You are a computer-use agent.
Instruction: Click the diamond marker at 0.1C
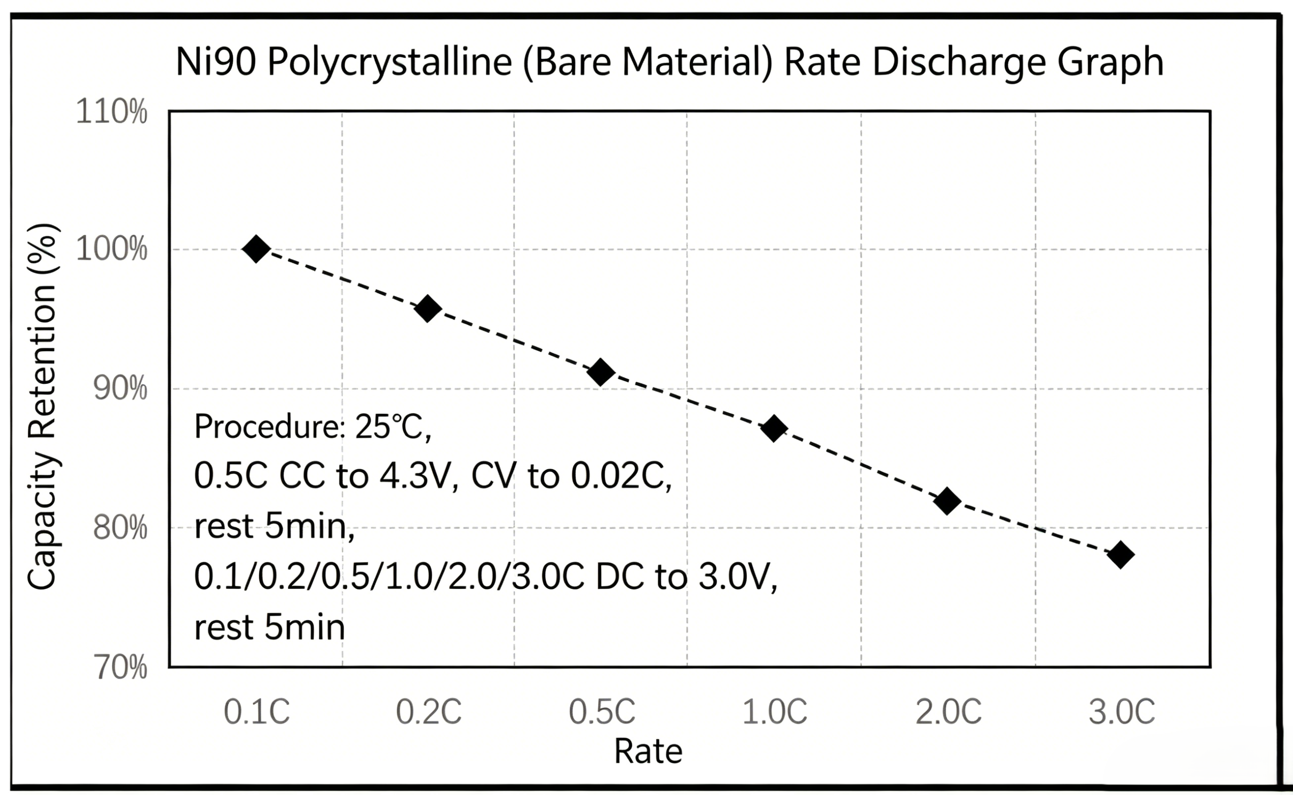coord(256,249)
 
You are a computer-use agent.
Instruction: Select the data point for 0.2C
coord(428,309)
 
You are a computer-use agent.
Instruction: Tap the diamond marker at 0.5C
coord(601,372)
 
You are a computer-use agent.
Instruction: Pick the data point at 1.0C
coord(774,428)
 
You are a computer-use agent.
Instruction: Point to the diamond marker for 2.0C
coord(947,501)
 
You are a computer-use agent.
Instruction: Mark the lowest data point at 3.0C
coord(1120,555)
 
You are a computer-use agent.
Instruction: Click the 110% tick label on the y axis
coord(111,112)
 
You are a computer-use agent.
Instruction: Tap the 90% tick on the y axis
coord(120,389)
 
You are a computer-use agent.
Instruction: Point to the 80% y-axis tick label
coord(120,528)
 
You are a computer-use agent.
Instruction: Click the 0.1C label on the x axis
coord(257,712)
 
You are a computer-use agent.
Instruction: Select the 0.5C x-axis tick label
coord(602,712)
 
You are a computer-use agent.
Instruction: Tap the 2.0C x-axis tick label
coord(948,712)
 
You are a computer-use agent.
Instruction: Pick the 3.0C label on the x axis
coord(1122,712)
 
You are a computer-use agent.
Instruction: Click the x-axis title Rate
coord(648,751)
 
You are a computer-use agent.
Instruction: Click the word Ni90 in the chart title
coord(216,62)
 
